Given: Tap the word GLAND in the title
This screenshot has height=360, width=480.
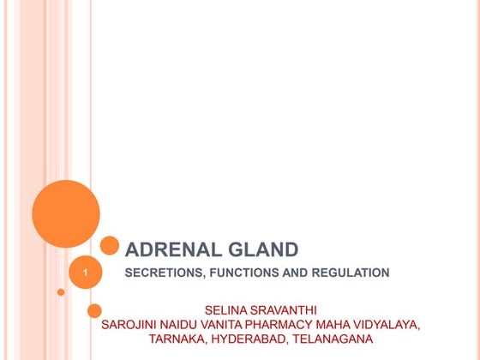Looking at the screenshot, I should pos(261,250).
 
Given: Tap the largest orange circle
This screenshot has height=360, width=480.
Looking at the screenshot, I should pos(66,214).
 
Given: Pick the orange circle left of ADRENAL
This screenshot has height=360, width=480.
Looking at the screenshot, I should pos(110,246).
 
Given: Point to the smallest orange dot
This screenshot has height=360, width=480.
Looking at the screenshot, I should pos(61,292).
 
